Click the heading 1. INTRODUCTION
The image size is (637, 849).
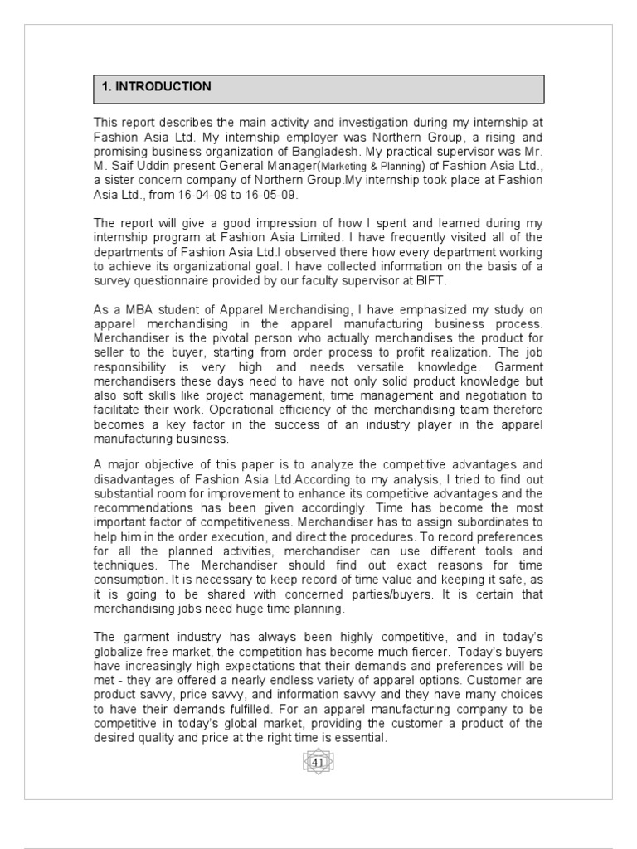click(156, 87)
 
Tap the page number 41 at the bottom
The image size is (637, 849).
click(318, 761)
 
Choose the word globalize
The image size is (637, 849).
click(119, 652)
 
